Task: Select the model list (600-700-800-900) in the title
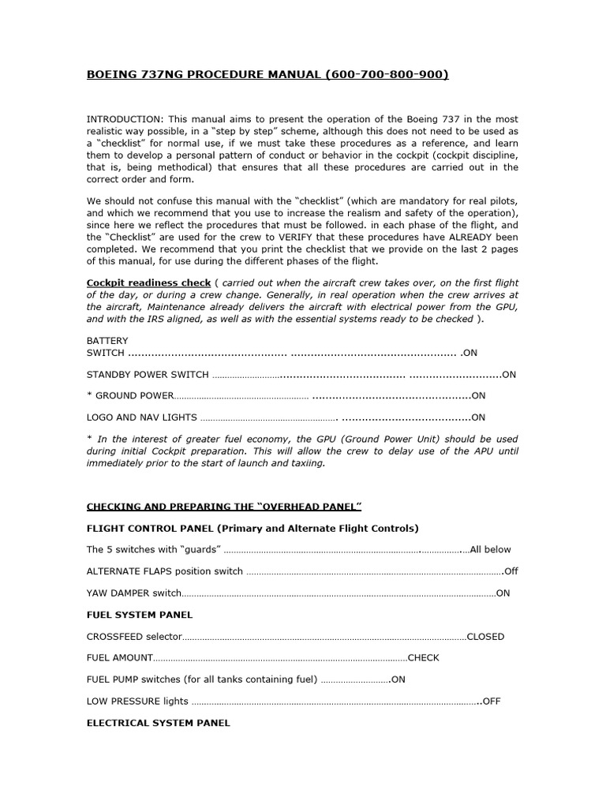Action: point(385,75)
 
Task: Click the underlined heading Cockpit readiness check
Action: point(148,282)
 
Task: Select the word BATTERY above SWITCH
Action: point(107,341)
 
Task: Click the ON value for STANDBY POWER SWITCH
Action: point(509,375)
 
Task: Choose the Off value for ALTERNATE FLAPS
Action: point(511,571)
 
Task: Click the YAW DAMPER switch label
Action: point(133,593)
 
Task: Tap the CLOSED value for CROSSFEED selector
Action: point(485,637)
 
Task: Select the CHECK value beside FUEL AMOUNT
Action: point(424,658)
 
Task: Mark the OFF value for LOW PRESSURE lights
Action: point(492,701)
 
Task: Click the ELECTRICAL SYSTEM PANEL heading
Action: point(158,722)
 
